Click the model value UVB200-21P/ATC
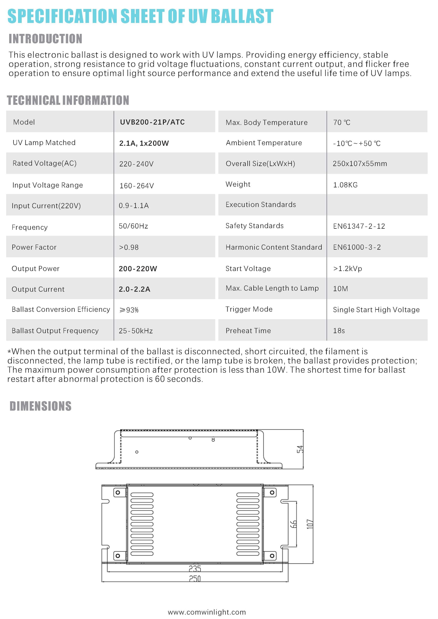(x=152, y=122)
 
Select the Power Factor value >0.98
(x=129, y=247)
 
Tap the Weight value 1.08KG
(x=345, y=185)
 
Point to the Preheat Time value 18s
(x=339, y=330)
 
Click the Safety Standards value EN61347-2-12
(x=359, y=226)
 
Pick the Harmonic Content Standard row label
(x=274, y=247)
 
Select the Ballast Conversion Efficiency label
(x=61, y=309)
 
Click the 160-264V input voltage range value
(x=137, y=186)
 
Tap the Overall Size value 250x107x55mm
(x=360, y=164)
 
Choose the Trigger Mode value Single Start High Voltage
(x=376, y=309)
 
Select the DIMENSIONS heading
(x=41, y=406)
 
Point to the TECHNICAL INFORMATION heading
(x=68, y=100)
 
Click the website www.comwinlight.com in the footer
(x=207, y=612)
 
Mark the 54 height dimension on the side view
(x=300, y=449)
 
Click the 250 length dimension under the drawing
(x=195, y=579)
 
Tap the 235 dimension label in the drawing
(x=195, y=569)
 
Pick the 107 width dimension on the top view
(x=310, y=524)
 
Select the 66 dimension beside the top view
(x=294, y=524)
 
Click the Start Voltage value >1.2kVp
(x=348, y=269)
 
